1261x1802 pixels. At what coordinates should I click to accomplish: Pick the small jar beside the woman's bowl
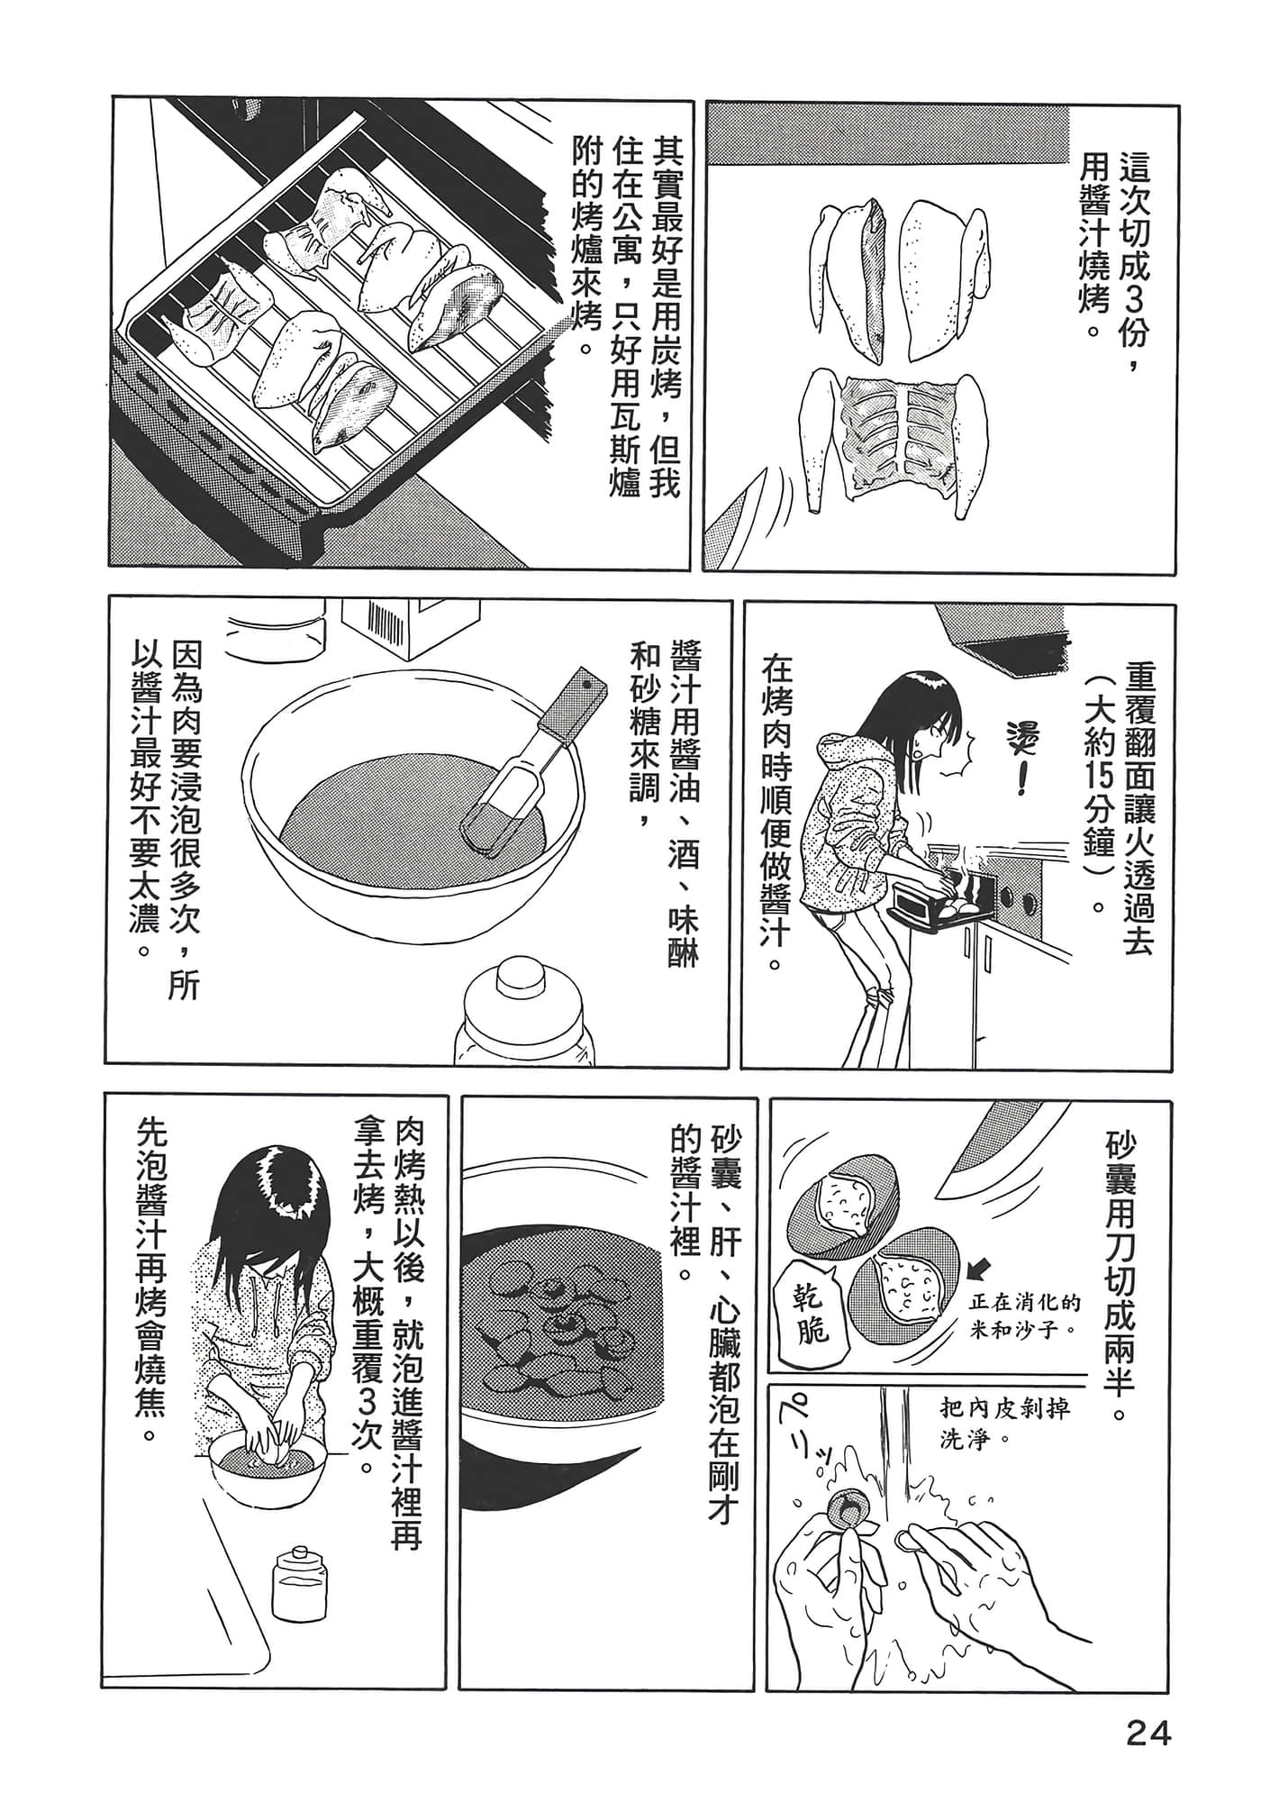[x=300, y=1585]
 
